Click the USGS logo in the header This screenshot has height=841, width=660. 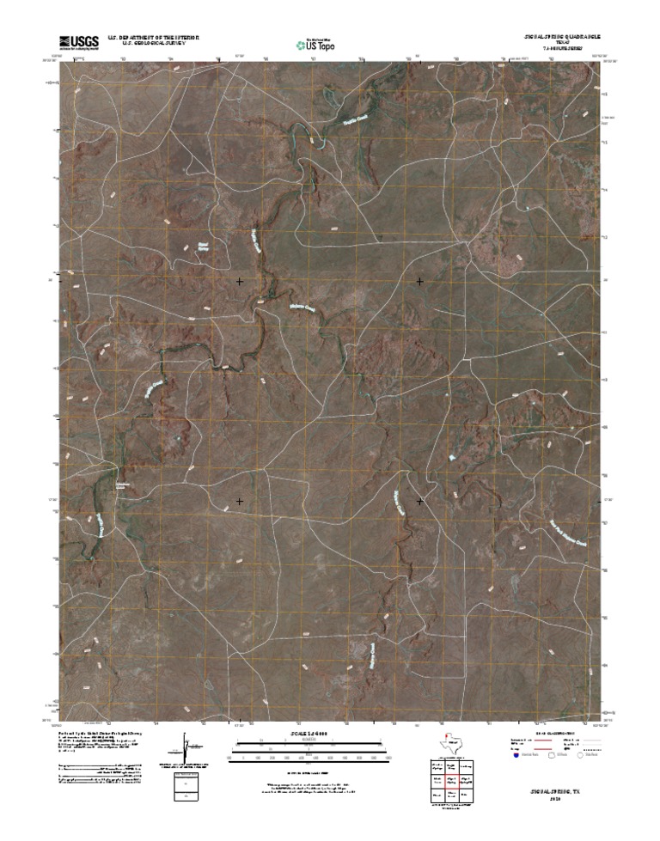tap(78, 41)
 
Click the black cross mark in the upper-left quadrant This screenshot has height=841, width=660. tap(240, 281)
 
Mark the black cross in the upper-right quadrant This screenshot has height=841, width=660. tap(419, 281)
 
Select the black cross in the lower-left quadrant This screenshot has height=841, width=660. tap(240, 501)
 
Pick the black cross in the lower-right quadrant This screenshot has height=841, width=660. tap(419, 501)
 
